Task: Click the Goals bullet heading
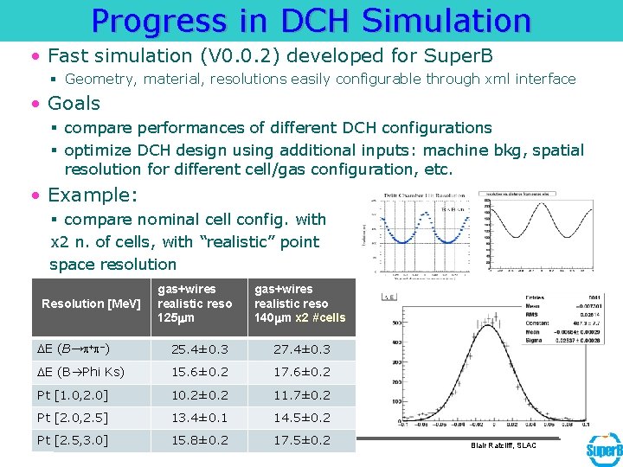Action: tap(74, 103)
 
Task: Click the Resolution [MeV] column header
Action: tap(91, 304)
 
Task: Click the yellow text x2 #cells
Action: tap(320, 317)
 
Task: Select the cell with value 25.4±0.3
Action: tap(200, 349)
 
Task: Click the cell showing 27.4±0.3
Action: tap(302, 349)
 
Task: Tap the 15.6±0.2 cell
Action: tap(200, 372)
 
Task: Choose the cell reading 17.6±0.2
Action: tap(302, 372)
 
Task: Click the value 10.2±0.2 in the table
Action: tap(200, 394)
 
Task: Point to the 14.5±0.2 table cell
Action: tap(302, 417)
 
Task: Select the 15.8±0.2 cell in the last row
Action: tap(200, 439)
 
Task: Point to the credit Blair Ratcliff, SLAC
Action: tap(504, 445)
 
